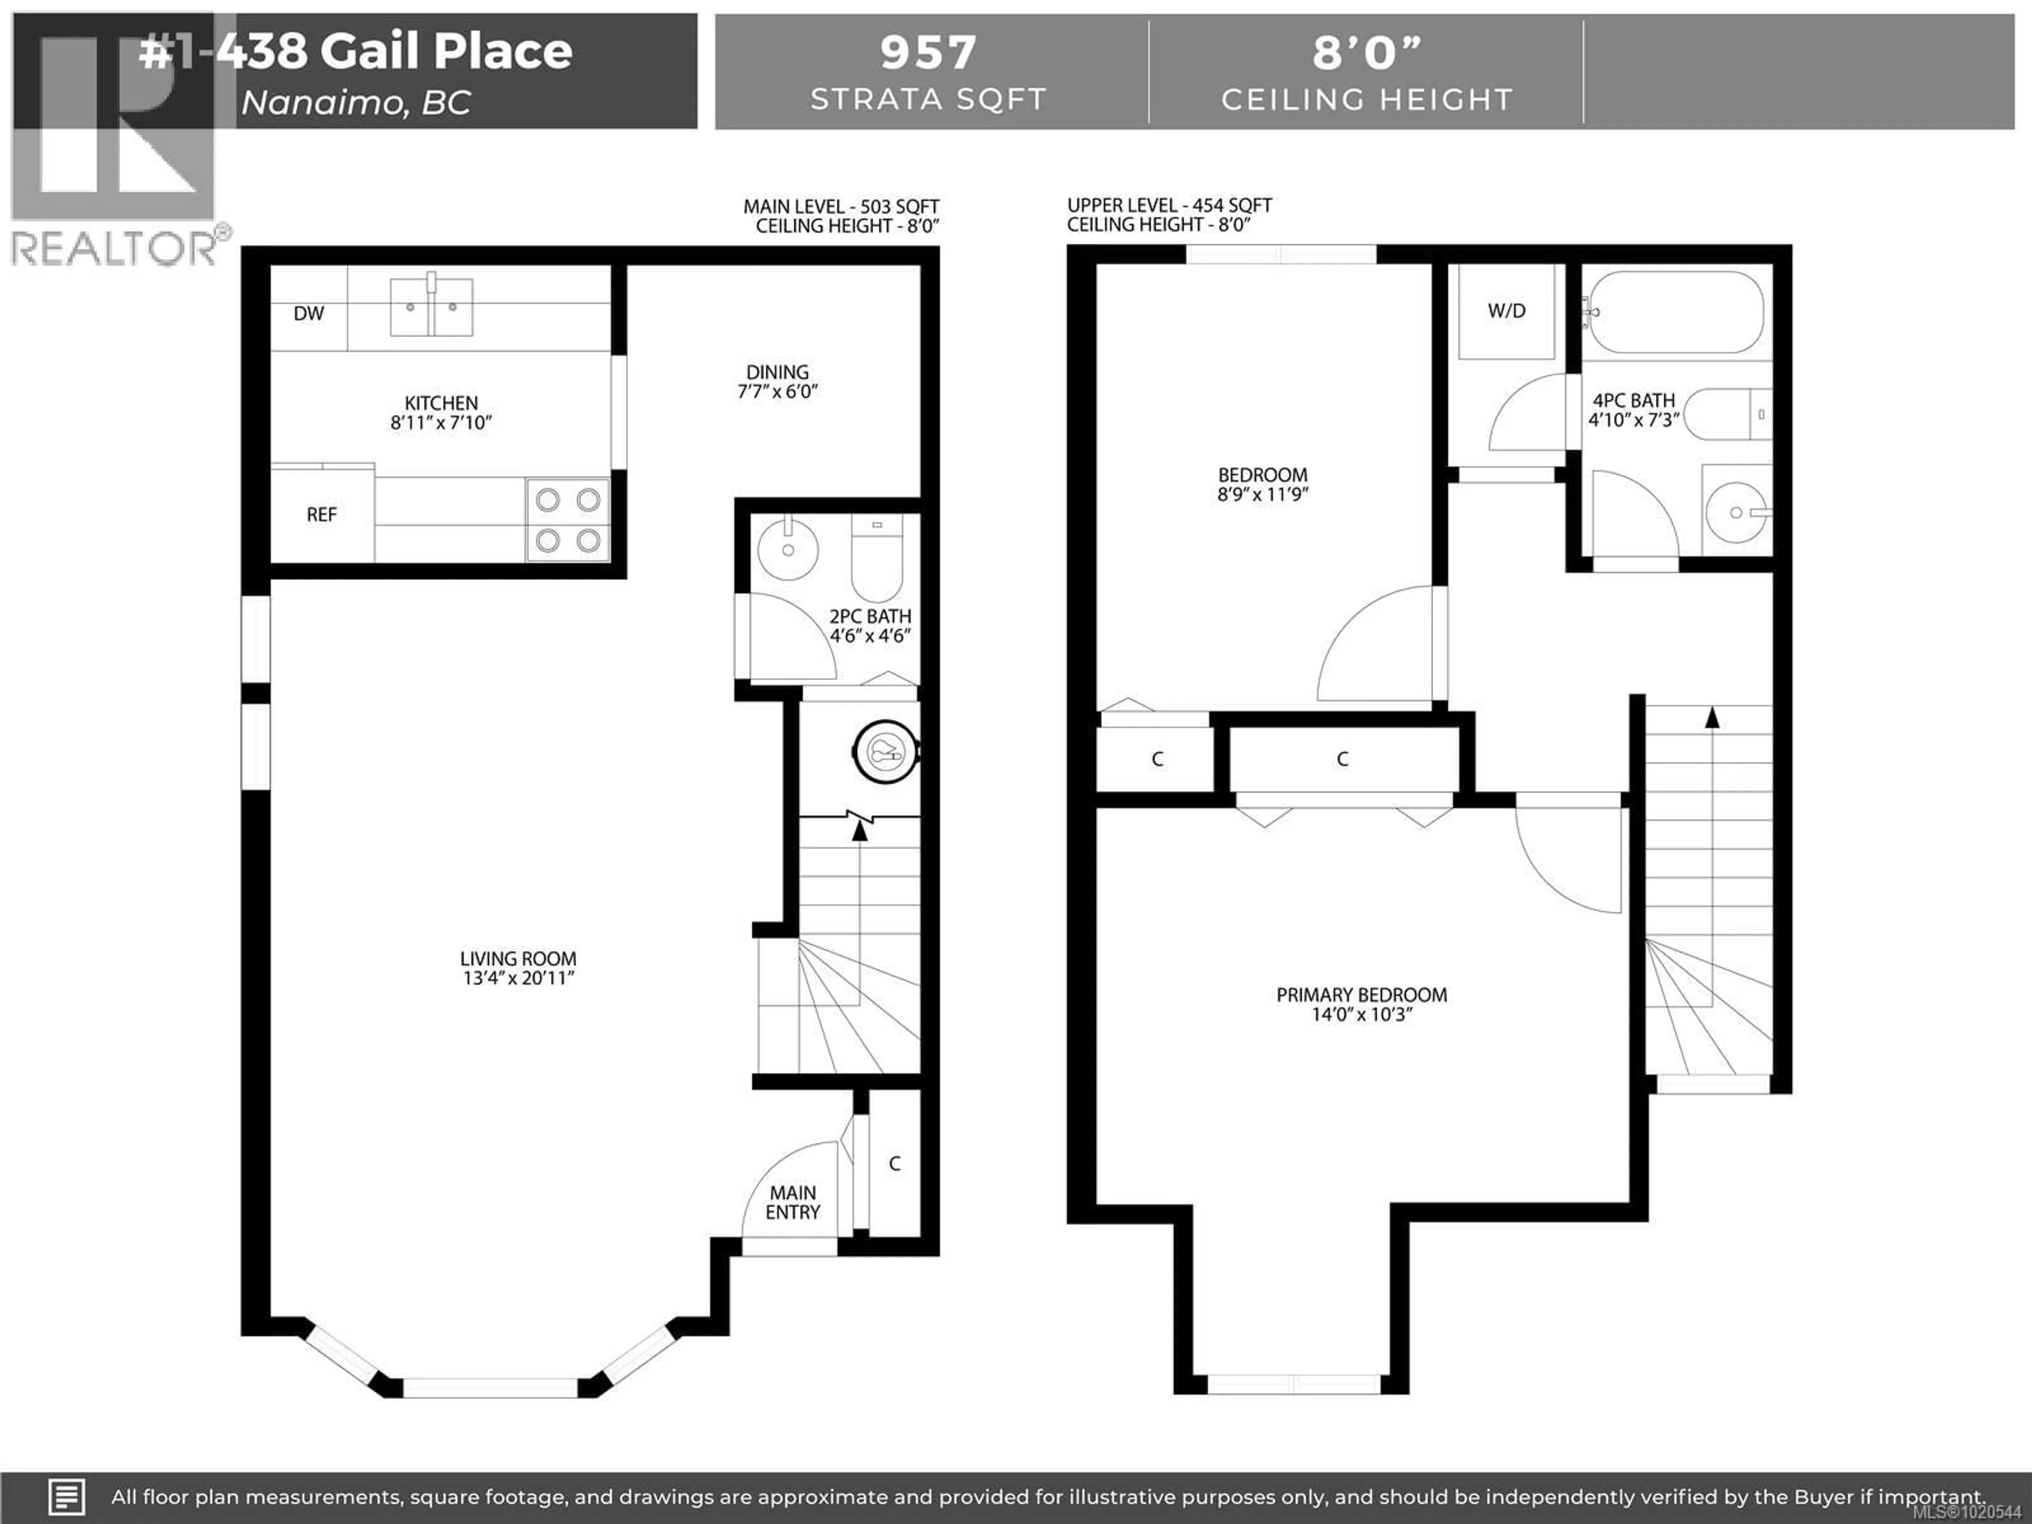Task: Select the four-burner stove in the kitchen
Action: coord(568,520)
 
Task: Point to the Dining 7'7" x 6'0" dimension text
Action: coord(777,392)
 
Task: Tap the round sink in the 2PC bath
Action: coord(787,549)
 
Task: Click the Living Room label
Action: coord(518,959)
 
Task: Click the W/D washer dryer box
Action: coord(1507,311)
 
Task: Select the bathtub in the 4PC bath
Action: coord(1676,312)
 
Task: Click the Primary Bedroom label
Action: coord(1362,995)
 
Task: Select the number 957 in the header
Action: coord(928,52)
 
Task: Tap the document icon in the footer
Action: coord(66,1496)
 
